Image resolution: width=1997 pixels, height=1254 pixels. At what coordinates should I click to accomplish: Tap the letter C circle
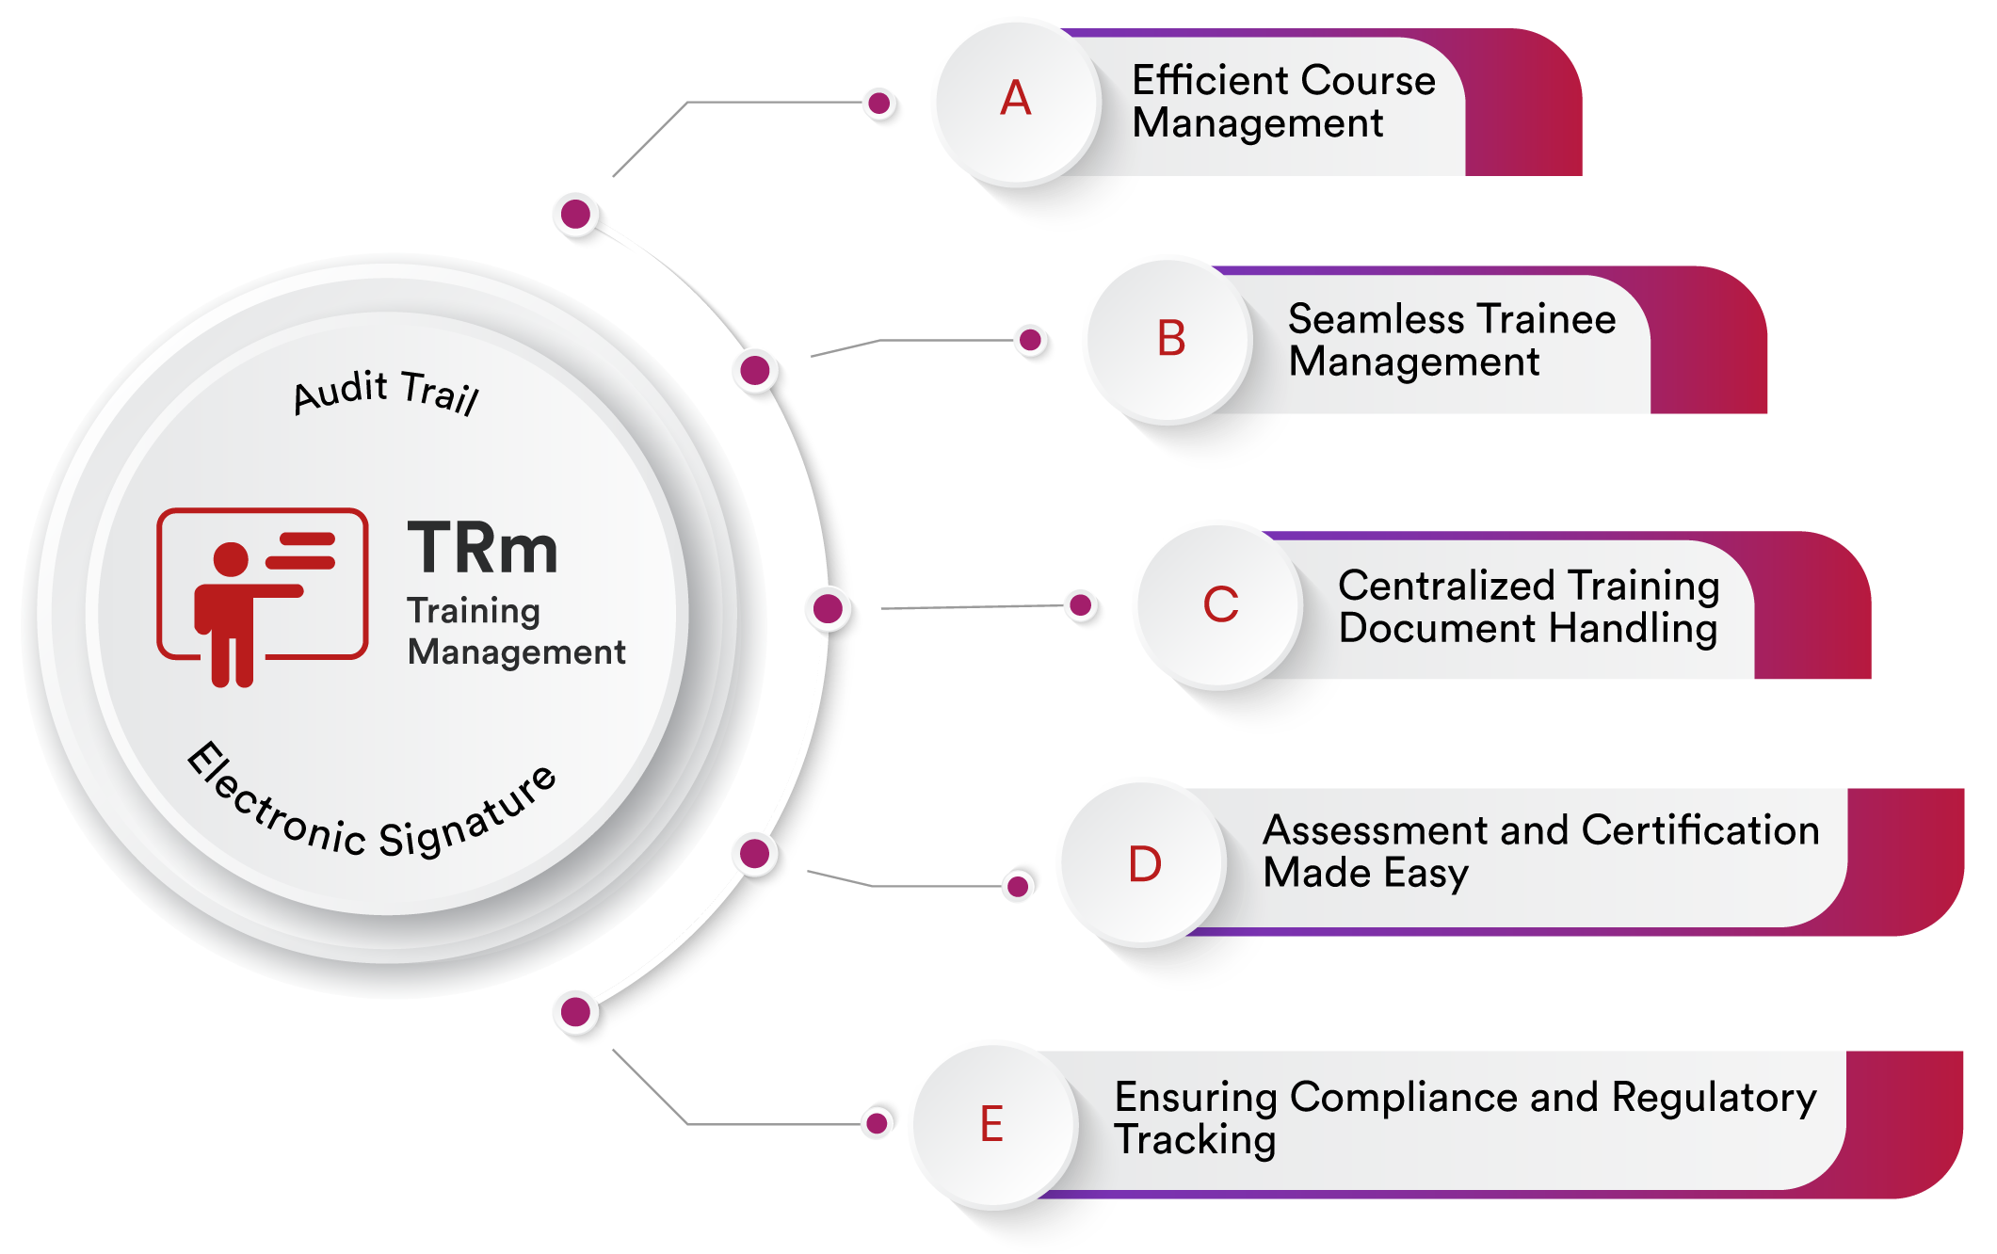(x=1220, y=604)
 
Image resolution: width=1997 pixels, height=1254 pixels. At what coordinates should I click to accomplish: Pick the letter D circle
(x=1144, y=863)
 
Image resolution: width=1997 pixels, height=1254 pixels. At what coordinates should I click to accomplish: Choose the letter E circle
(x=992, y=1124)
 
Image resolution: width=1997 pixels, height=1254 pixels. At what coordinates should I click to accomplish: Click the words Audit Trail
(x=386, y=391)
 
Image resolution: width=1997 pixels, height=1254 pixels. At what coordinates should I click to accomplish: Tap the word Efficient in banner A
(x=1205, y=81)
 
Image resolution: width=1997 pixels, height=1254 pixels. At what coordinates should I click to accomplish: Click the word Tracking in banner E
(x=1195, y=1140)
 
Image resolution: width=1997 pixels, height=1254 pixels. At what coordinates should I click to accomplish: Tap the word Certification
(x=1699, y=830)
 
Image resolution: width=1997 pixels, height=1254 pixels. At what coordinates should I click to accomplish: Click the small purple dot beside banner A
(x=879, y=104)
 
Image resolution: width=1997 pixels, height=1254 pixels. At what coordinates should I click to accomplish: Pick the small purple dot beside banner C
(x=1081, y=604)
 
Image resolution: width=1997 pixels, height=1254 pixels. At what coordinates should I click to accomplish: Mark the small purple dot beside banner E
(x=877, y=1121)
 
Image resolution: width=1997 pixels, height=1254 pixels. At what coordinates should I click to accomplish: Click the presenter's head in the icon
(x=231, y=558)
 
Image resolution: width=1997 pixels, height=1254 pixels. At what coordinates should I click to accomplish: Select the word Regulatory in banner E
(x=1714, y=1098)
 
